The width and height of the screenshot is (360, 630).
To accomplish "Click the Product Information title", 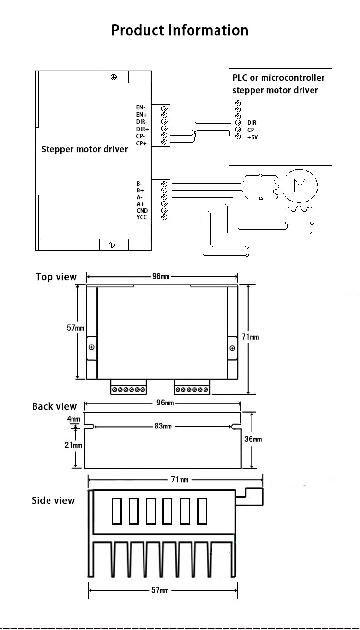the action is [x=180, y=30].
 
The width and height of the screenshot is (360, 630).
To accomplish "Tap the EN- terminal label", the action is [x=141, y=107].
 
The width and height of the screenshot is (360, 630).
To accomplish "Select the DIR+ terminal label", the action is [x=143, y=129].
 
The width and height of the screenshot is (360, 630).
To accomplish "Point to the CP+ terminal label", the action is [x=142, y=143].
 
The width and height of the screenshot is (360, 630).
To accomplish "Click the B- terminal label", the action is [x=140, y=184].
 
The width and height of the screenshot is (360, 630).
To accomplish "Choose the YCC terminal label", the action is [x=142, y=217].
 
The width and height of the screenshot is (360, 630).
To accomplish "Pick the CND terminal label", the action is [x=142, y=210].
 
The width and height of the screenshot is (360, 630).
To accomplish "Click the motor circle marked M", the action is [x=300, y=186].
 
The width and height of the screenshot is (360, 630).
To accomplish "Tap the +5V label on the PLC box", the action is [x=252, y=137].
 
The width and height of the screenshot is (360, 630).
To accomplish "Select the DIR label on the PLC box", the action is [x=252, y=123].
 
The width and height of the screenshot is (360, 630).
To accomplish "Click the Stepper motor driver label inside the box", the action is [x=84, y=149].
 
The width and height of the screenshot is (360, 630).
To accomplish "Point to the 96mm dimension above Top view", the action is [x=161, y=277].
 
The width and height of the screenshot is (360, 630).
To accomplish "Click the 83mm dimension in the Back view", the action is [x=163, y=426].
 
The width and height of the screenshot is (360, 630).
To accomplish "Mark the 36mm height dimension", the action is [x=253, y=439].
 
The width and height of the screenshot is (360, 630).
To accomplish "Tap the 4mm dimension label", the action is [x=73, y=419].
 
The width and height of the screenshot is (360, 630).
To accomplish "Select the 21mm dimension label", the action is [x=73, y=445].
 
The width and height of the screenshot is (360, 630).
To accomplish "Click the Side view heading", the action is [x=53, y=500].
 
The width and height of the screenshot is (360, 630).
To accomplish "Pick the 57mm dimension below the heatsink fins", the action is [x=160, y=590].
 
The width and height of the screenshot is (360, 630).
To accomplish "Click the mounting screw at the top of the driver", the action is [x=114, y=77].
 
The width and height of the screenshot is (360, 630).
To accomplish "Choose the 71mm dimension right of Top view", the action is [x=250, y=337].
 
